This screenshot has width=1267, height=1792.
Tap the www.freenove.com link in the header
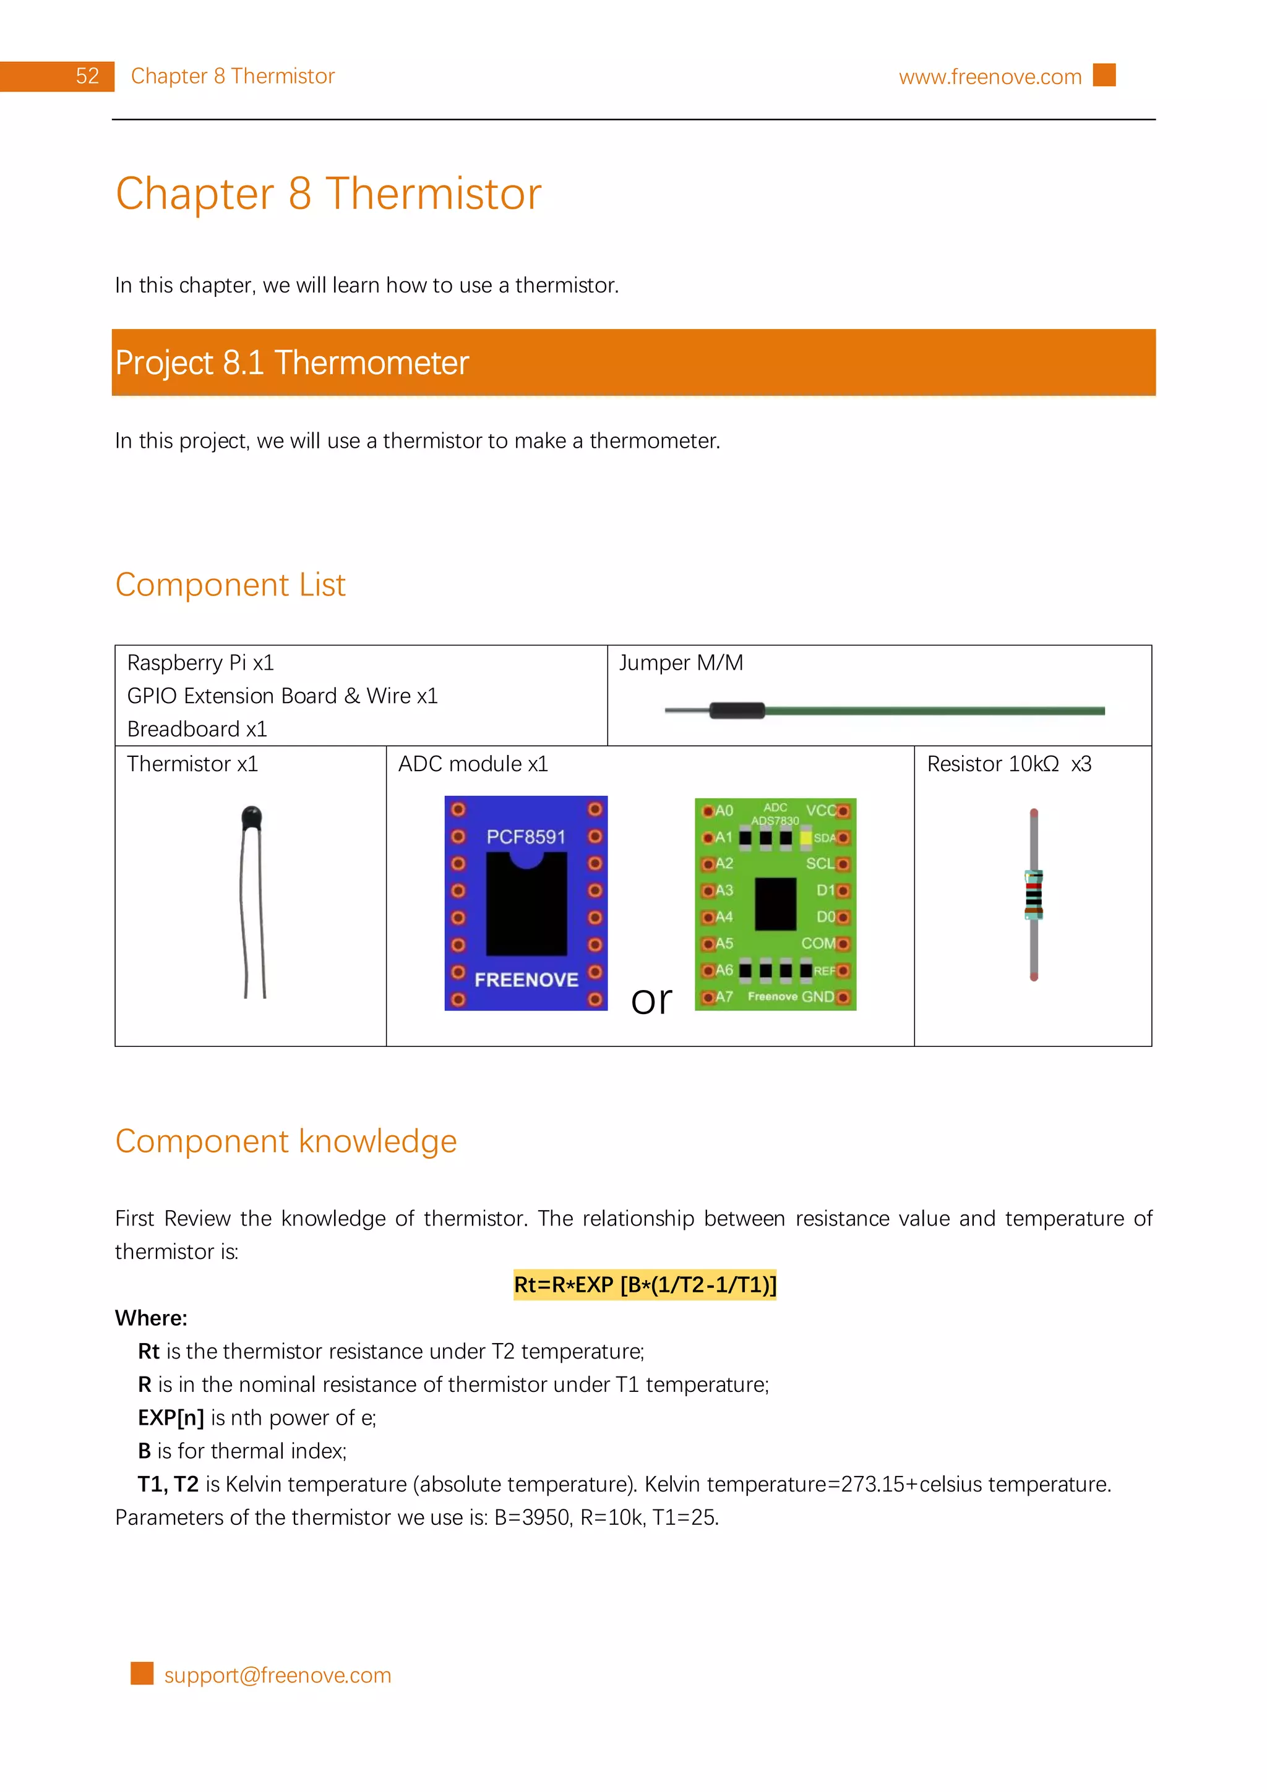[x=989, y=77]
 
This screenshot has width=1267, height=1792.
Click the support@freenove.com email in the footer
[x=277, y=1675]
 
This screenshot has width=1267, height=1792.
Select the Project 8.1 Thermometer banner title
[x=291, y=363]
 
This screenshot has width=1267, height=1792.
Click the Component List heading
[x=230, y=584]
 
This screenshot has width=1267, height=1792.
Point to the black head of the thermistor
[x=251, y=817]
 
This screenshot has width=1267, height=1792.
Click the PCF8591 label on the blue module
[x=525, y=837]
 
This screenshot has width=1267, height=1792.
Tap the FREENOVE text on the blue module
[x=526, y=979]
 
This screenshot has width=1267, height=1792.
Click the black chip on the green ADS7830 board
[x=775, y=904]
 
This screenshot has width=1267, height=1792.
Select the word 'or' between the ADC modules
[x=651, y=1001]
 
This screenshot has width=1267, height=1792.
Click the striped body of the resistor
[x=1034, y=894]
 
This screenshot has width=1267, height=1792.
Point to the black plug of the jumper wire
[x=736, y=710]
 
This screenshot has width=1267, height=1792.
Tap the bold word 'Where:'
[x=151, y=1318]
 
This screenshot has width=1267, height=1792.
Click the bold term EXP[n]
[x=170, y=1417]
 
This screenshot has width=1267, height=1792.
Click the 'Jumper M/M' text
[x=681, y=663]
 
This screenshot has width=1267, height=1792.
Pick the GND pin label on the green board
[x=817, y=997]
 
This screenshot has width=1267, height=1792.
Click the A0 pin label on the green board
[x=724, y=810]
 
